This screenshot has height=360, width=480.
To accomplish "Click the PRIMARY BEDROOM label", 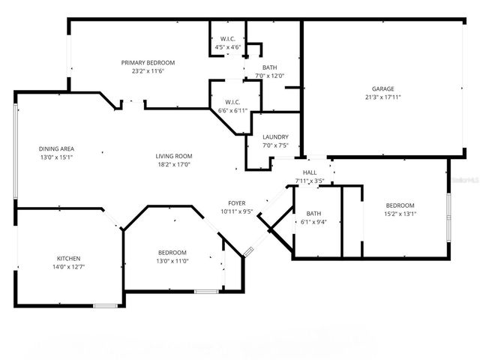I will pyautogui.click(x=148, y=62).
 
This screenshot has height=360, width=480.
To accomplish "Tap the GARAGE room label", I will pyautogui.click(x=382, y=88).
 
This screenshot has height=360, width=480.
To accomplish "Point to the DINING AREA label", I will pyautogui.click(x=56, y=148).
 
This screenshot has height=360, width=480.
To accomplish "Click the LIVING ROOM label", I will pyautogui.click(x=174, y=156).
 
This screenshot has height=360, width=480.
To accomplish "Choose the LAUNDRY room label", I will pyautogui.click(x=275, y=136).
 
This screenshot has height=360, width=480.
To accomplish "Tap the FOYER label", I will pyautogui.click(x=237, y=202).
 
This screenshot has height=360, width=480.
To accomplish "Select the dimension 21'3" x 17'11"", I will pyautogui.click(x=382, y=97).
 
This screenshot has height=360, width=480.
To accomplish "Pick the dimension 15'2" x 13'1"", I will pyautogui.click(x=400, y=214).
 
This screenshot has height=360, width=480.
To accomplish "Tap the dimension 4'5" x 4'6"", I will pyautogui.click(x=228, y=47).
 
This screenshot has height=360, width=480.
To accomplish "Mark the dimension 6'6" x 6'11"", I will pyautogui.click(x=232, y=111).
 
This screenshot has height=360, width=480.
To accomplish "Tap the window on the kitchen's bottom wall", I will pyautogui.click(x=105, y=304).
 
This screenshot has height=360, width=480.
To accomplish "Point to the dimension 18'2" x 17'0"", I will pyautogui.click(x=174, y=165).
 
